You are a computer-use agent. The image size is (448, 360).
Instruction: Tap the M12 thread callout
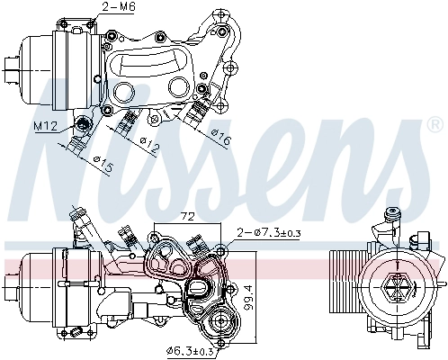coord(49,127)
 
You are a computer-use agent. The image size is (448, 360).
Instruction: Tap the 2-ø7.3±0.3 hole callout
coord(271,234)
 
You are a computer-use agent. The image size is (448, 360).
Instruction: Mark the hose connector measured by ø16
coord(195,112)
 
